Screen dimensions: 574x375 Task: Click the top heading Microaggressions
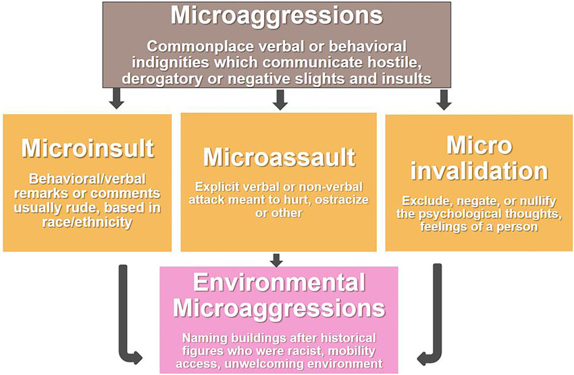point(276,16)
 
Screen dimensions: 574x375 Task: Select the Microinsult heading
point(87,148)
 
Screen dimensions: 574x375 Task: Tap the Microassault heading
point(279,157)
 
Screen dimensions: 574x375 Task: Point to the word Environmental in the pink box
point(279,283)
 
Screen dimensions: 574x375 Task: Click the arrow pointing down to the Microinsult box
point(116,100)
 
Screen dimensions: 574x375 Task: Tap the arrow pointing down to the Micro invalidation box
point(444,100)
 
